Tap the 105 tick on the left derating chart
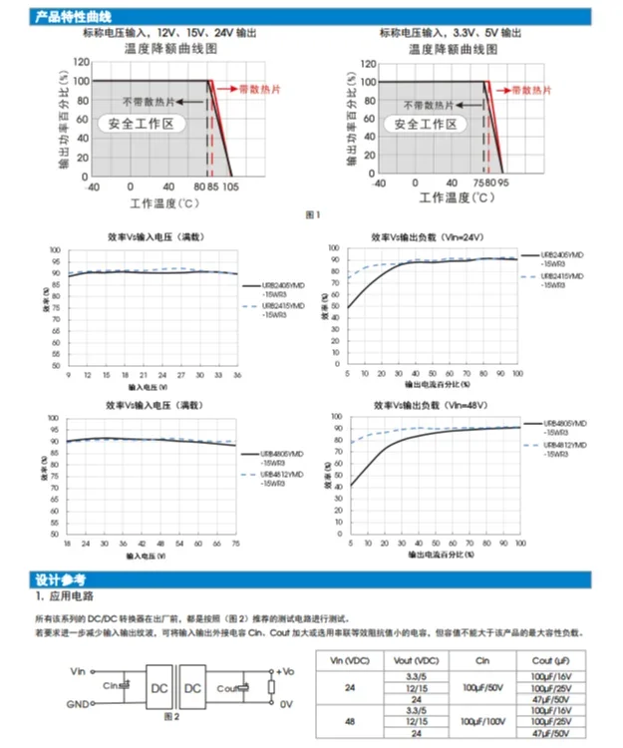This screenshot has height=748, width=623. point(230,187)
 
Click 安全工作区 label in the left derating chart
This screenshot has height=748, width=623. point(142,125)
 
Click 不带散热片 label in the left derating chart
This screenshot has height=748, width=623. point(149,102)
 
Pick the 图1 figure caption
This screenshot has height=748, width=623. point(312,214)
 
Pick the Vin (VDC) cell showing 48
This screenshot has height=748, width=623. point(349,718)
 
